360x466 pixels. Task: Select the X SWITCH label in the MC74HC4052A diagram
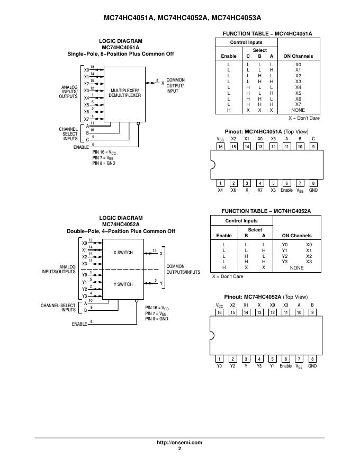pyautogui.click(x=123, y=253)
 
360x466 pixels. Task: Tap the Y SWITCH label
pyautogui.click(x=123, y=284)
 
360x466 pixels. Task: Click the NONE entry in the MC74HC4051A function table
pyautogui.click(x=298, y=110)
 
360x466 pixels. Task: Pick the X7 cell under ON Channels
pyautogui.click(x=298, y=104)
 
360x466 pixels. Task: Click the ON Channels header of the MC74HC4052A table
pyautogui.click(x=296, y=236)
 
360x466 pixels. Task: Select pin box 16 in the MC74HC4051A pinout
pyautogui.click(x=220, y=147)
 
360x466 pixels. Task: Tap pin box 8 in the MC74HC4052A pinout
pyautogui.click(x=312, y=359)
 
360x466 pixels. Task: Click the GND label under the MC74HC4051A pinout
pyautogui.click(x=313, y=190)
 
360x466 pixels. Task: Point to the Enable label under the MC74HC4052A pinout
pyautogui.click(x=286, y=366)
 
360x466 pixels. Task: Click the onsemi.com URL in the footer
pyautogui.click(x=179, y=443)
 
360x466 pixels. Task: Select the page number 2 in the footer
pyautogui.click(x=179, y=449)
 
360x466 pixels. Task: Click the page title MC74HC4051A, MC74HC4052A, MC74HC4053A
pyautogui.click(x=179, y=17)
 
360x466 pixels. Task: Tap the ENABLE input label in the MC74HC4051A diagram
pyautogui.click(x=81, y=147)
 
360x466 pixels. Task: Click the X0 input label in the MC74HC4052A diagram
pyautogui.click(x=84, y=243)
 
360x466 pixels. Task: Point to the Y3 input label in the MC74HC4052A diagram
pyautogui.click(x=84, y=296)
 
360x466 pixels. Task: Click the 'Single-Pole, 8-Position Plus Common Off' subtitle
pyautogui.click(x=120, y=54)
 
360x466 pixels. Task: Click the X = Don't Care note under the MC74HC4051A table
pyautogui.click(x=304, y=118)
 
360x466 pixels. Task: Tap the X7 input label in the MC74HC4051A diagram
pyautogui.click(x=86, y=119)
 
